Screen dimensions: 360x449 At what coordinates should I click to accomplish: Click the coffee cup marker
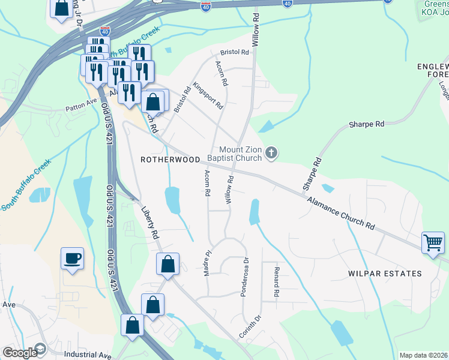[x=72, y=259]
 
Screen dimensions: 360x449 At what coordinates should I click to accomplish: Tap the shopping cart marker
[x=432, y=243]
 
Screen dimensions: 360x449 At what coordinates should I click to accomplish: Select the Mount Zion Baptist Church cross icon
[x=271, y=154]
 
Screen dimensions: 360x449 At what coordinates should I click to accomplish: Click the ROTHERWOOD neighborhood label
[x=170, y=160]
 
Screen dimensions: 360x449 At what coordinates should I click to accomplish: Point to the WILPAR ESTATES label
[x=385, y=274]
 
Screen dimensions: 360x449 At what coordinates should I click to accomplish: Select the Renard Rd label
[x=277, y=282]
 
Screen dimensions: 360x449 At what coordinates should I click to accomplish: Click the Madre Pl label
[x=207, y=262]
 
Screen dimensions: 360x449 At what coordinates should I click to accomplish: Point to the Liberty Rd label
[x=149, y=223]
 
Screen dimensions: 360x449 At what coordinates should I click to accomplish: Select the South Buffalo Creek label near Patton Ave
[x=26, y=185]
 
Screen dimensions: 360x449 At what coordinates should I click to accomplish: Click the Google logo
[x=20, y=353]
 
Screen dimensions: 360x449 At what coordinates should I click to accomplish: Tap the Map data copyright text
[x=423, y=355]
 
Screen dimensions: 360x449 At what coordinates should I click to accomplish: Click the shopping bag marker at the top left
[x=61, y=8]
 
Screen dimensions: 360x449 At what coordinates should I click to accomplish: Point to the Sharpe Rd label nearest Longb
[x=367, y=124]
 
